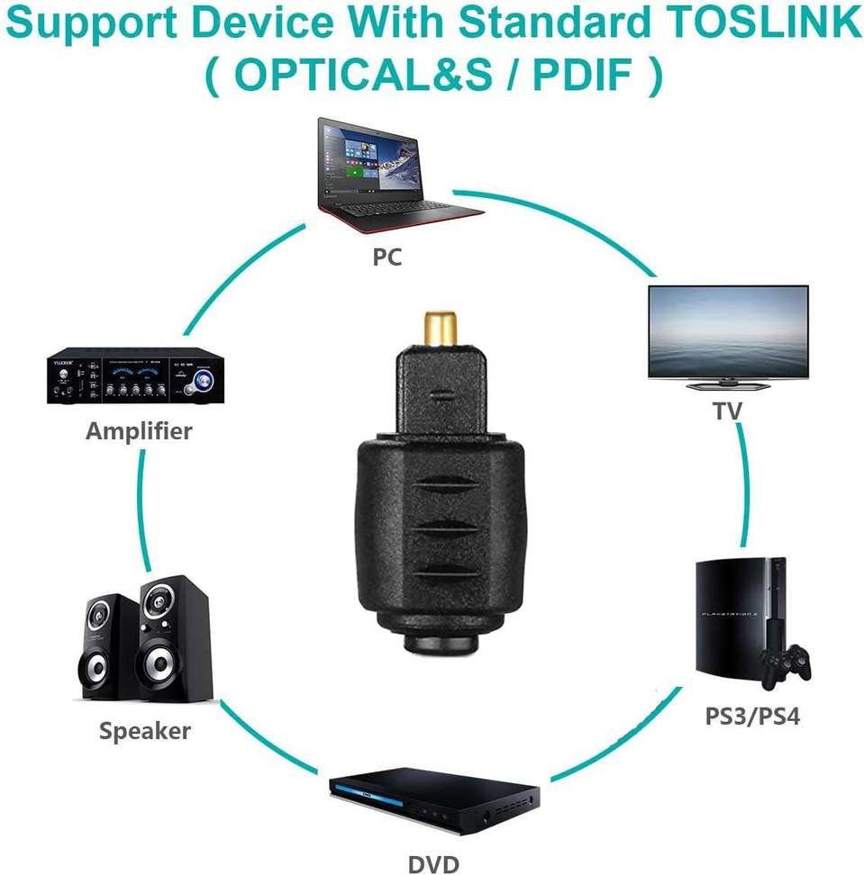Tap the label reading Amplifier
click(x=139, y=431)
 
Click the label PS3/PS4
click(x=751, y=717)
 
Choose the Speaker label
click(x=145, y=731)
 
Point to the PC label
click(x=387, y=257)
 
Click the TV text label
click(x=727, y=411)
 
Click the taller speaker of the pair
click(x=173, y=638)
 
